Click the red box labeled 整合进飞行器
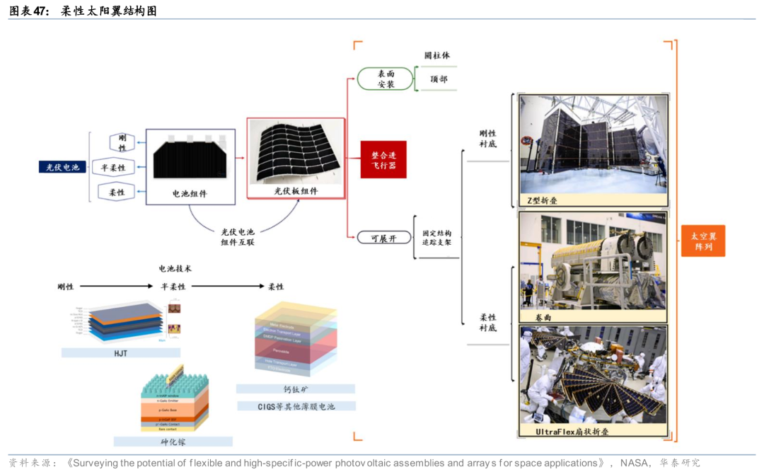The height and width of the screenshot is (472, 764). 383,159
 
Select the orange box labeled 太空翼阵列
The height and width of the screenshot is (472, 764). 703,240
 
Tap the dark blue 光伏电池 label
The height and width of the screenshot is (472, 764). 63,167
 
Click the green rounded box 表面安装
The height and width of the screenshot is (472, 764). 386,79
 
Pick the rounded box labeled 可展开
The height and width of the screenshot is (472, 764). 384,238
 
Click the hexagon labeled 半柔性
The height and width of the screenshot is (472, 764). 112,168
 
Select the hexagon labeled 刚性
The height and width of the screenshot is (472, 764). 122,142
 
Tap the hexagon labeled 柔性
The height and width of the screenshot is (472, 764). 117,192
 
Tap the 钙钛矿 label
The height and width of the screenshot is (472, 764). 296,388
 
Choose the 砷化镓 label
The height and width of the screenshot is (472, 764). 173,442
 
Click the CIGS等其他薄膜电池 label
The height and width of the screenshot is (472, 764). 296,406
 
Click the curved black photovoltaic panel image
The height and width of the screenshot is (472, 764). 296,154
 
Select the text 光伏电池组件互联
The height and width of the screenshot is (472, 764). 238,236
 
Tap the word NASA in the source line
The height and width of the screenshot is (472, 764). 633,463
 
